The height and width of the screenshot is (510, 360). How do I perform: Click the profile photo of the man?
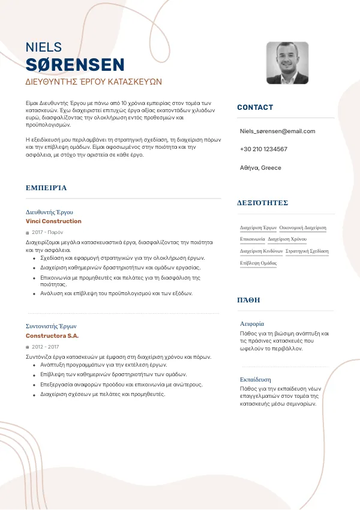(x=287, y=63)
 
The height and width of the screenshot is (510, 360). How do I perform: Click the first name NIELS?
(x=44, y=47)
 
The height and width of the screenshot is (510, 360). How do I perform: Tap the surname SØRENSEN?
(x=75, y=65)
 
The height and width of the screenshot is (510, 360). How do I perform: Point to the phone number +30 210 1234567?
(x=263, y=149)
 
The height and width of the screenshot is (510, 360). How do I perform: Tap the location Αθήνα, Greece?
(x=260, y=168)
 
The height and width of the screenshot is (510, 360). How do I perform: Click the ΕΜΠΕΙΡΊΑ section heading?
(x=46, y=188)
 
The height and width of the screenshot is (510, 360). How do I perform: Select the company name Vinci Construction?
(x=53, y=221)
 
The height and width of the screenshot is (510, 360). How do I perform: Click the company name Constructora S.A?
(x=52, y=336)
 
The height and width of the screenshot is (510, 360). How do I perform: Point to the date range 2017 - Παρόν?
(x=47, y=232)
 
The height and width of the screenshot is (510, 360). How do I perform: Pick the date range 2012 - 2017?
(x=46, y=347)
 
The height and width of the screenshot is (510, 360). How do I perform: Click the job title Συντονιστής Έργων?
(x=51, y=326)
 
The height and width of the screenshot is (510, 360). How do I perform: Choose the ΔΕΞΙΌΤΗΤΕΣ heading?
(x=263, y=203)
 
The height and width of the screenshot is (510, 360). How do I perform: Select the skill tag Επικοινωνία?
(x=253, y=239)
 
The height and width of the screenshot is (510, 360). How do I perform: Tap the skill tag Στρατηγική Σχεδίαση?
(x=307, y=251)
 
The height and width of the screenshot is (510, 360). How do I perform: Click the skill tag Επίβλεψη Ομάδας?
(x=258, y=263)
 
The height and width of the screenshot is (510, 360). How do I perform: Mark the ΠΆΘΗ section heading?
(x=248, y=299)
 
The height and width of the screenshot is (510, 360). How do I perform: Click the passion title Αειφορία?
(x=252, y=323)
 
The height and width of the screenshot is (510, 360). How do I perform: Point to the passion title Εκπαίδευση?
(x=255, y=379)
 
